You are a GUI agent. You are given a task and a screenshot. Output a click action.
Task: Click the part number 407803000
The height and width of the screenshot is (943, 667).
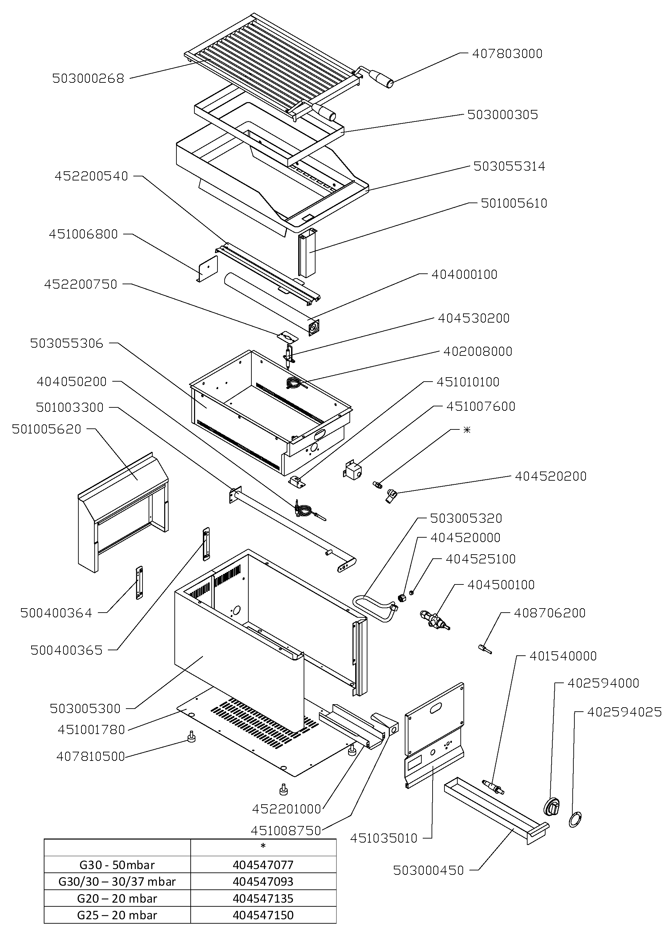pyautogui.click(x=507, y=54)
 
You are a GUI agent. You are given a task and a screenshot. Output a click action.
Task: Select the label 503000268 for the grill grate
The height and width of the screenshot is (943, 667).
pyautogui.click(x=88, y=78)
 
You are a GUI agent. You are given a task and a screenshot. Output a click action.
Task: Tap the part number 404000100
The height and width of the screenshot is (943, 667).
pyautogui.click(x=464, y=274)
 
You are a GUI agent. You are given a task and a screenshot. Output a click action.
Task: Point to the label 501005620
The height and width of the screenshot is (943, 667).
pyautogui.click(x=47, y=429)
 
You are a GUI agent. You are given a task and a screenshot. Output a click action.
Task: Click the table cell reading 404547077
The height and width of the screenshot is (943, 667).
pyautogui.click(x=263, y=865)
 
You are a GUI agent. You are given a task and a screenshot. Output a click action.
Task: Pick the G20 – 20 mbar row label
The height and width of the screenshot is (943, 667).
pyautogui.click(x=117, y=899)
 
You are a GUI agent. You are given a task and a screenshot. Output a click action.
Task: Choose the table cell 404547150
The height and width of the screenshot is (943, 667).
pyautogui.click(x=263, y=915)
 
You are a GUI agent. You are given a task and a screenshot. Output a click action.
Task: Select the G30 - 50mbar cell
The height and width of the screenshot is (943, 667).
pyautogui.click(x=117, y=865)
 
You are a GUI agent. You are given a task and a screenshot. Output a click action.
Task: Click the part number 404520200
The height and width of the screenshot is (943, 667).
pyautogui.click(x=550, y=477)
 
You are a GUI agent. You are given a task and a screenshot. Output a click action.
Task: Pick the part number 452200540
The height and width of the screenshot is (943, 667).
pyautogui.click(x=91, y=176)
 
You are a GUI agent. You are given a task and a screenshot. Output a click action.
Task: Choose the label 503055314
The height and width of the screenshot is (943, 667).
pyautogui.click(x=509, y=166)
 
